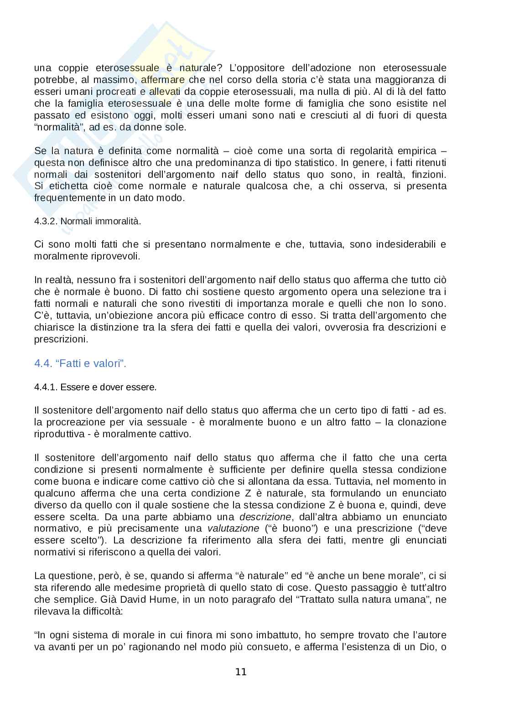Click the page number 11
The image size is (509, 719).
click(x=241, y=672)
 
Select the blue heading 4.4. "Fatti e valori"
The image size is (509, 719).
click(x=80, y=363)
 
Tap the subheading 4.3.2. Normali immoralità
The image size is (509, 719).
click(x=88, y=222)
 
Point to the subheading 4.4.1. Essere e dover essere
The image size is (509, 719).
click(x=95, y=387)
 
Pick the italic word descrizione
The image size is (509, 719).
click(x=265, y=517)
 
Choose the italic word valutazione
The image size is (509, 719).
click(x=234, y=529)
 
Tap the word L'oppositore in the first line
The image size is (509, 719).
click(x=261, y=68)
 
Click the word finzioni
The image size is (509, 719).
click(x=429, y=175)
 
